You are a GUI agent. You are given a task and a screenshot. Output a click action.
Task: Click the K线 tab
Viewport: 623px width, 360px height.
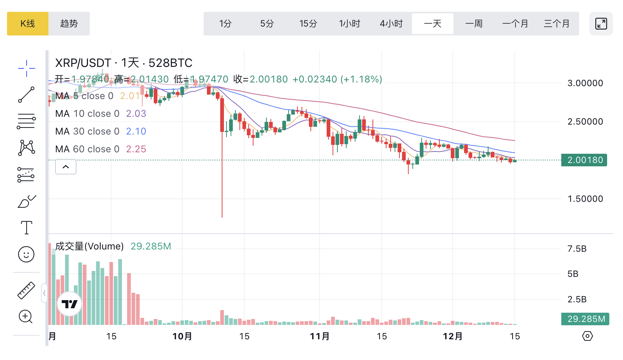(x=28, y=24)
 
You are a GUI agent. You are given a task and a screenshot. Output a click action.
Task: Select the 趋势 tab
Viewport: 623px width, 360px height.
(x=69, y=24)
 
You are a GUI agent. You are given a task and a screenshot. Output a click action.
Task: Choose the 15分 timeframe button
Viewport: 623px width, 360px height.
(x=308, y=24)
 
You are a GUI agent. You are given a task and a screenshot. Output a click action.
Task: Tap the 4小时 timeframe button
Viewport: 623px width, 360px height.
(x=391, y=24)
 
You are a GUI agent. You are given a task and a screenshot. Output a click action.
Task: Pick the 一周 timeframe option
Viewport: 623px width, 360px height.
(x=474, y=24)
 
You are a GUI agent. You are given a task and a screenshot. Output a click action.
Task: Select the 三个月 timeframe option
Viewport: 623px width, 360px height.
(x=556, y=24)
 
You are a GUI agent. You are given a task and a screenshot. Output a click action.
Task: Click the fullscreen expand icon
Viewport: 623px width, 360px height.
(x=601, y=24)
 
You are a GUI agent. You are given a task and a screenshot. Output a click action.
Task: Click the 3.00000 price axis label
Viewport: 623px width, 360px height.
(x=585, y=83)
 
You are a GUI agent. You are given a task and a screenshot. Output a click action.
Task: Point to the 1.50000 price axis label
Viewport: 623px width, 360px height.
(x=585, y=199)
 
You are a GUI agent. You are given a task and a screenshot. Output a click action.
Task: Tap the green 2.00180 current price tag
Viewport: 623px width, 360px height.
(x=584, y=160)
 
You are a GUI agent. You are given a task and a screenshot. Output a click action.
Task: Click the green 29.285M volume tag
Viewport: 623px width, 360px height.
(x=585, y=319)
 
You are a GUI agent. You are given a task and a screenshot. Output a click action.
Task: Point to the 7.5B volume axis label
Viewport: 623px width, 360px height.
(x=577, y=249)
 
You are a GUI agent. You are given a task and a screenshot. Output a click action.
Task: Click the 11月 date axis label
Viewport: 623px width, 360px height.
(x=320, y=336)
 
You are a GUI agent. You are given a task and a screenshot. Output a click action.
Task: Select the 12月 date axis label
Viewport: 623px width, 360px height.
(x=453, y=336)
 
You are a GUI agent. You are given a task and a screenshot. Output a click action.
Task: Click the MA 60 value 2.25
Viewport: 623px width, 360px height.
(x=136, y=149)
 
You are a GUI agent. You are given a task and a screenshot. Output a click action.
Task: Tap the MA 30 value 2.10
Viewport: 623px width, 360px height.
(x=136, y=131)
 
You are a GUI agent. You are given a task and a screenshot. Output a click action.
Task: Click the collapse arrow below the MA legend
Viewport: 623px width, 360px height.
(x=66, y=167)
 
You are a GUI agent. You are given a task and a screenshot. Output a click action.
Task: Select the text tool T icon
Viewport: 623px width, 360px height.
(x=26, y=228)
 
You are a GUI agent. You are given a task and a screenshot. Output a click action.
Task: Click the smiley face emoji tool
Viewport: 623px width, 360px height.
(x=26, y=254)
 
